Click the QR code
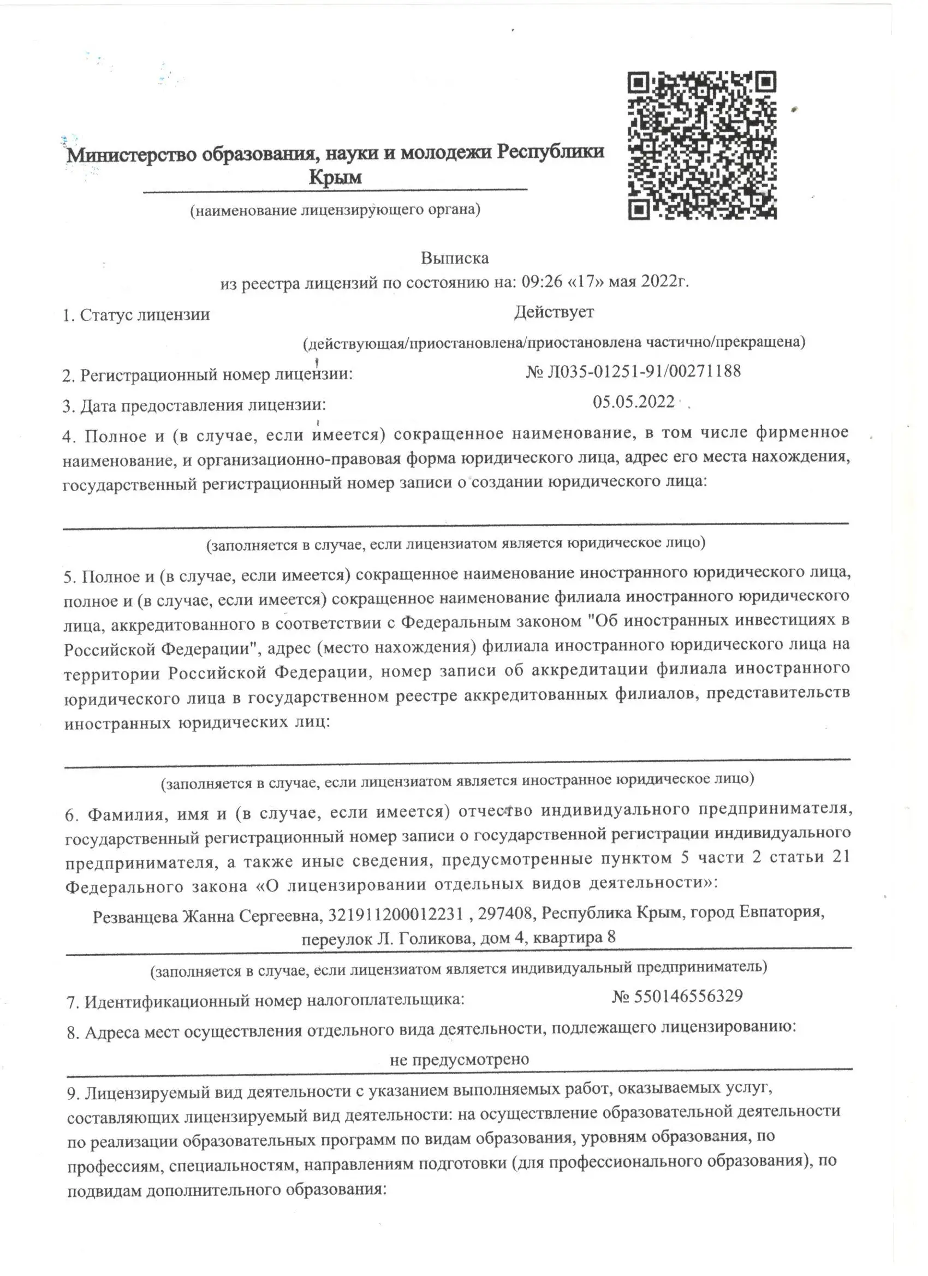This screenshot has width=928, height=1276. (702, 145)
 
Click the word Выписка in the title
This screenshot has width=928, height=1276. (455, 258)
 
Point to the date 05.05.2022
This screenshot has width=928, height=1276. (634, 402)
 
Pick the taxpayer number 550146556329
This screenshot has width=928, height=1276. (688, 996)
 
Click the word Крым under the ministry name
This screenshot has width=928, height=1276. (335, 178)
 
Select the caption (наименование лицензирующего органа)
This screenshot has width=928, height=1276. (335, 211)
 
